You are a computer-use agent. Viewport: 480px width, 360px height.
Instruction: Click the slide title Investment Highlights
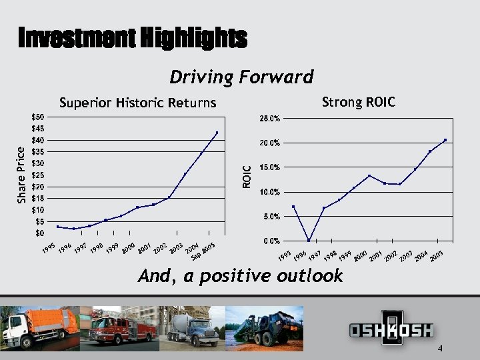pyautogui.click(x=133, y=38)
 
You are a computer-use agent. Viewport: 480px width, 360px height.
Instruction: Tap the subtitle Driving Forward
pyautogui.click(x=241, y=77)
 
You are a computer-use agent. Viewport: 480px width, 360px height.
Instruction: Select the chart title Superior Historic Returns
pyautogui.click(x=138, y=103)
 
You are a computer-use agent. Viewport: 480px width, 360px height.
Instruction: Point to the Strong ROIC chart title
pyautogui.click(x=358, y=102)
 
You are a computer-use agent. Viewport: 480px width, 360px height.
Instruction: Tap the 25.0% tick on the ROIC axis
pyautogui.click(x=269, y=119)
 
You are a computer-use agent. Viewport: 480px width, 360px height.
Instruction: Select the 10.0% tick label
pyautogui.click(x=269, y=192)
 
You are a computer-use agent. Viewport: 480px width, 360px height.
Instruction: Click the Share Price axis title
pyautogui.click(x=21, y=175)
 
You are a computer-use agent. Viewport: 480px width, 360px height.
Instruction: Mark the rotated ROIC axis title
pyautogui.click(x=247, y=177)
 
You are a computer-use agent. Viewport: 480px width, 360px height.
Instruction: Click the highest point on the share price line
pyautogui.click(x=217, y=133)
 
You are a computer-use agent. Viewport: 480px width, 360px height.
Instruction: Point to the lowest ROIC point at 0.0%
pyautogui.click(x=309, y=240)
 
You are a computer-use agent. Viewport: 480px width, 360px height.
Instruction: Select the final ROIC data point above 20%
pyautogui.click(x=445, y=140)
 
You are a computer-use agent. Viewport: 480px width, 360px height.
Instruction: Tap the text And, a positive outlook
pyautogui.click(x=240, y=276)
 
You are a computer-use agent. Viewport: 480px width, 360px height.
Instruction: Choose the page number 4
pyautogui.click(x=441, y=349)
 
